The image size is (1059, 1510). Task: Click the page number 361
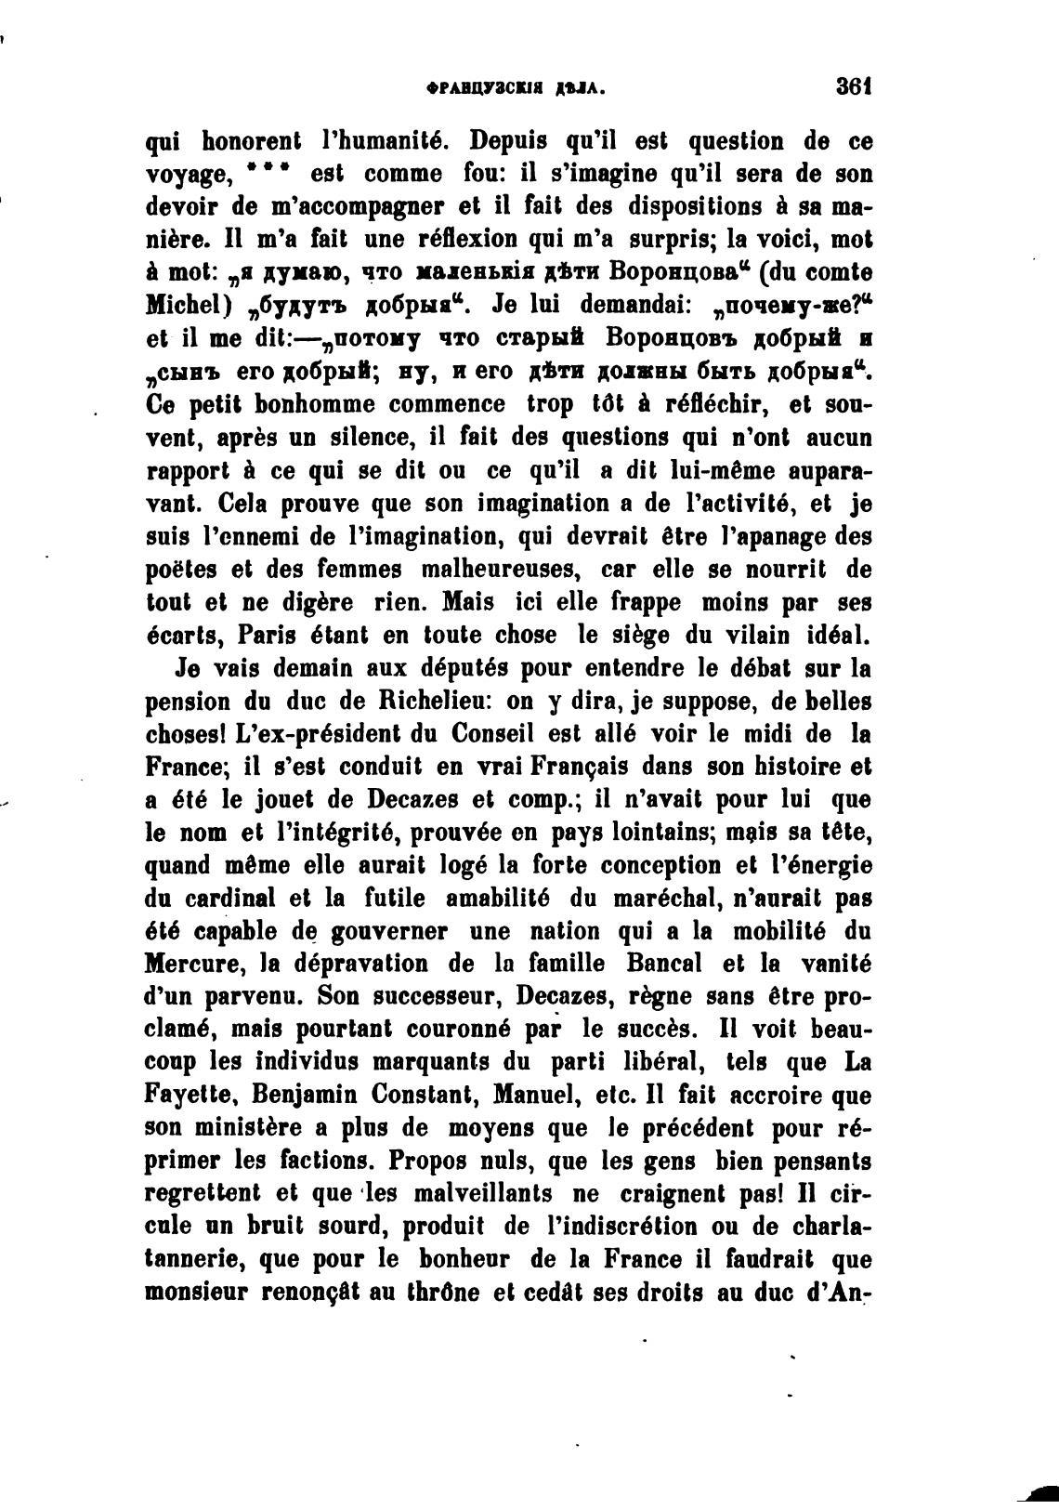click(x=852, y=87)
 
